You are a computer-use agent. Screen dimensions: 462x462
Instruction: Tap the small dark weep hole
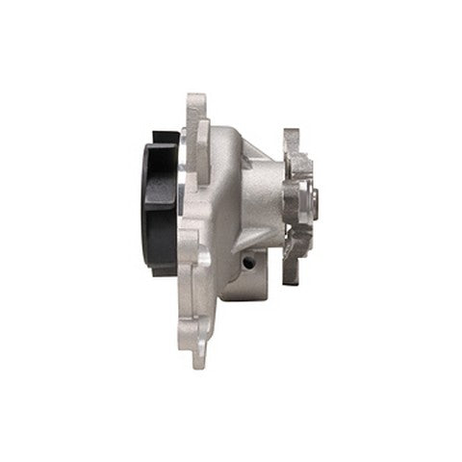coord(248,262)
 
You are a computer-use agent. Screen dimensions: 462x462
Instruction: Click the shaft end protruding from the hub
coord(315,202)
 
